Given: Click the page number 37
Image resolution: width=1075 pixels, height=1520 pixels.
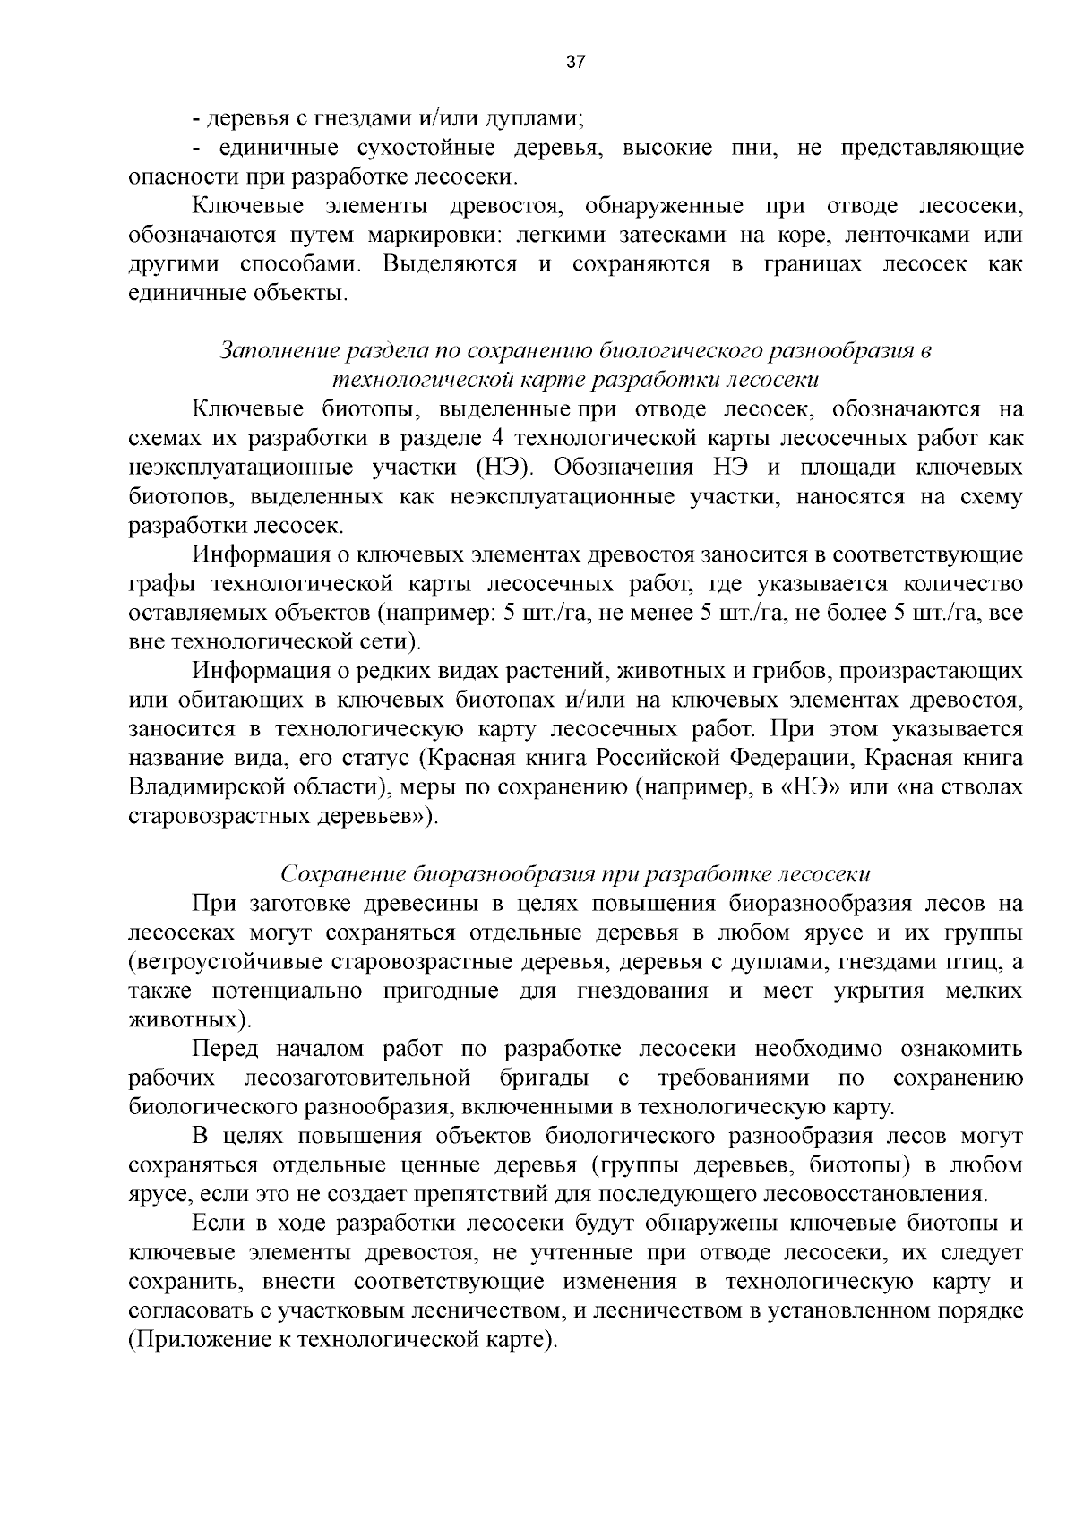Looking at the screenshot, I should (x=576, y=63).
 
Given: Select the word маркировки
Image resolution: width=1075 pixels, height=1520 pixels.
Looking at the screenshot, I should (x=426, y=235).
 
